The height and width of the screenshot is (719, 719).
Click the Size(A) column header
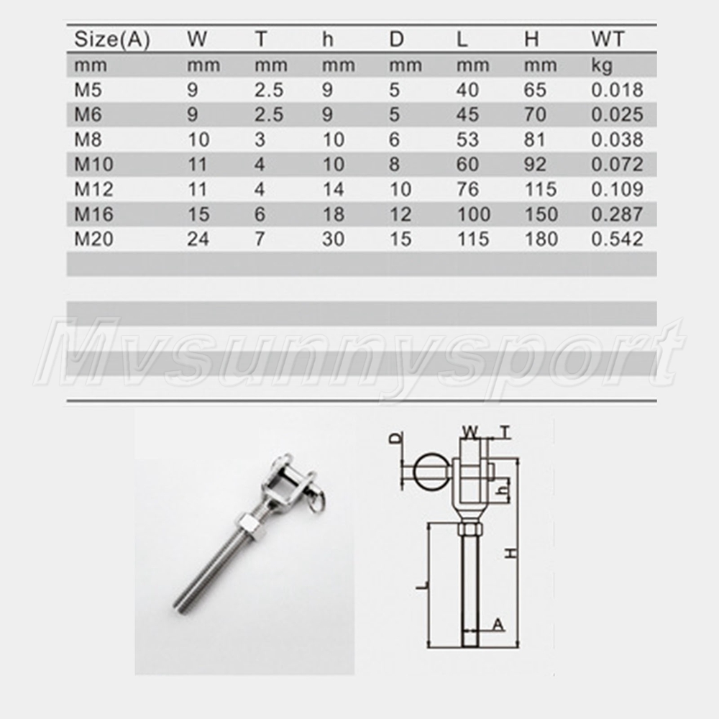click(112, 40)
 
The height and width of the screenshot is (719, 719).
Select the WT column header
click(608, 39)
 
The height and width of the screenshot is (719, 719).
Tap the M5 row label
click(88, 90)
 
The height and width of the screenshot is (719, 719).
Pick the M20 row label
click(93, 239)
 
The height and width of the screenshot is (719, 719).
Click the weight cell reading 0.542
click(617, 239)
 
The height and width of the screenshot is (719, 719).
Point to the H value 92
click(535, 164)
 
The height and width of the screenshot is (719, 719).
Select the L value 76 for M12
click(468, 189)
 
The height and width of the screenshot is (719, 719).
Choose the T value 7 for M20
click(260, 239)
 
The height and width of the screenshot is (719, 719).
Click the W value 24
click(198, 239)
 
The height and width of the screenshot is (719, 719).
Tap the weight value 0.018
click(617, 90)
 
